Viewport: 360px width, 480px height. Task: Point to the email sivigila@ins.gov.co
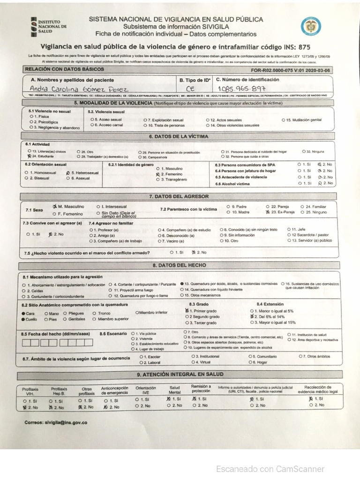coord(56,422)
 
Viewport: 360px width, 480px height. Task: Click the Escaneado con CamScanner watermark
coord(270,468)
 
